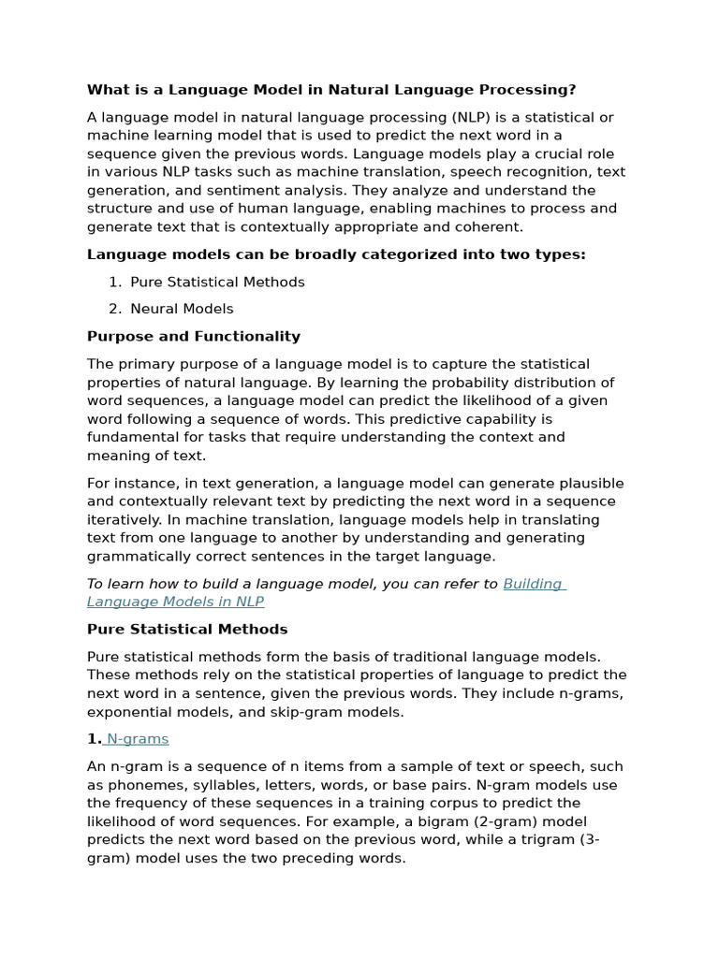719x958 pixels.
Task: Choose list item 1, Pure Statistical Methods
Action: [217, 283]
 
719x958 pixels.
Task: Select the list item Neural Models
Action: [182, 310]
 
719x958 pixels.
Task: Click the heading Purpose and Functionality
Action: [194, 337]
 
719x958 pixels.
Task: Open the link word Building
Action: [533, 585]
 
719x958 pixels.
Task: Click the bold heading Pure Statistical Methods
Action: [187, 630]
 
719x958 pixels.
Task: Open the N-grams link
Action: [138, 739]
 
